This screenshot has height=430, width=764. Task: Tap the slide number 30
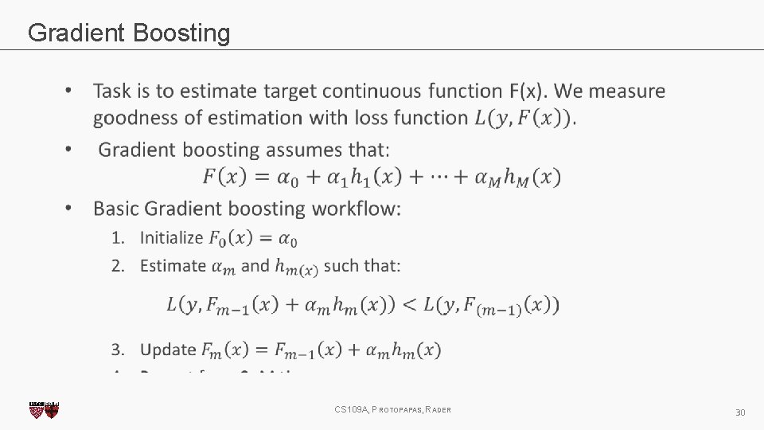coord(740,412)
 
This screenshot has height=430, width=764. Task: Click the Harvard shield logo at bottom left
coord(44,410)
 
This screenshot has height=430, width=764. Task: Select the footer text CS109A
coord(350,409)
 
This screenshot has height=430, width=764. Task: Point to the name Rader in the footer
coord(439,409)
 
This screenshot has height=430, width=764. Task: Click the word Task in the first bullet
coord(111,92)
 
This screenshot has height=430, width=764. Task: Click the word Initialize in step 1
coord(171,237)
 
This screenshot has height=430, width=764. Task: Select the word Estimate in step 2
coord(173,266)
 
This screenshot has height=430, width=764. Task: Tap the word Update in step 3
coord(168,350)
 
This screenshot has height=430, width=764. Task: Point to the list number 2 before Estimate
coord(117,266)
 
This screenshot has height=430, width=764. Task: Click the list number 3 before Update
coord(117,350)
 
